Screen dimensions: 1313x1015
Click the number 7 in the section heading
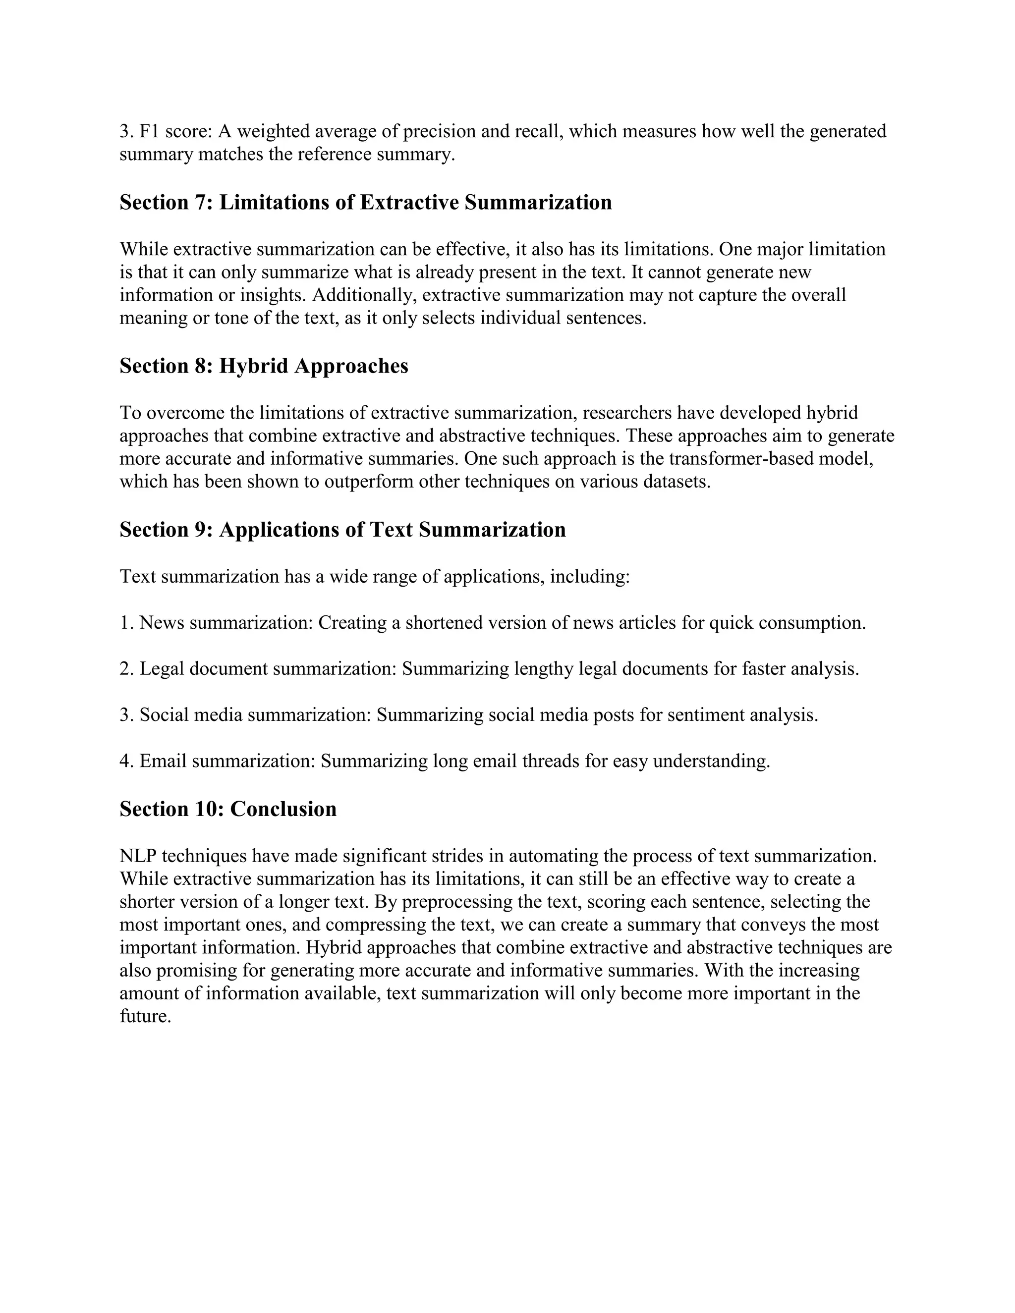pos(200,203)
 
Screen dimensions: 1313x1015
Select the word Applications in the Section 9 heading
pos(291,530)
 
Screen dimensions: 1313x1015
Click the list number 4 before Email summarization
pos(124,762)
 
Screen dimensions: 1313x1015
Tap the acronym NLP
pos(138,856)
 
